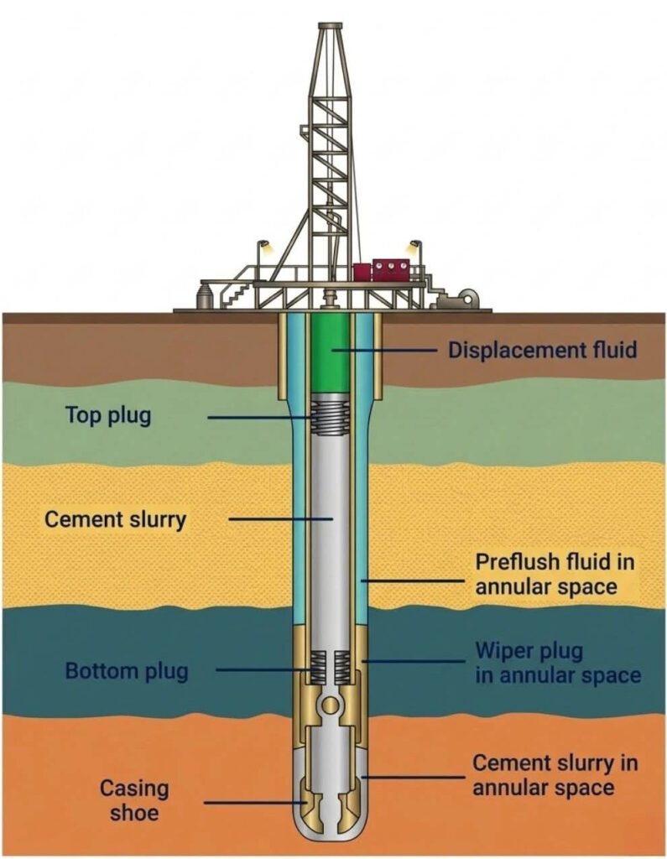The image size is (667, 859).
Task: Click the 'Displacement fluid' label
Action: (x=543, y=350)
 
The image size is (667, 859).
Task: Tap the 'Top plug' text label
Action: (x=108, y=415)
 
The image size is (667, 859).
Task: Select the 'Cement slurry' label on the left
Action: (x=115, y=519)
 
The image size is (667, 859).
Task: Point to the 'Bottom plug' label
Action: (x=127, y=670)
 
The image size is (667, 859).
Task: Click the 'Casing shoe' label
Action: (x=134, y=799)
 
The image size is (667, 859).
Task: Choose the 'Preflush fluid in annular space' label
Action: (x=555, y=574)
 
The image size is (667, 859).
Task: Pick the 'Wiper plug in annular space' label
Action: (x=557, y=663)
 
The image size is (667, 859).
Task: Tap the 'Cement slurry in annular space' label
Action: (x=555, y=774)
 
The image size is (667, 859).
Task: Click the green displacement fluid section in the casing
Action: (x=330, y=353)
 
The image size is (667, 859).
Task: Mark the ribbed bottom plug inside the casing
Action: (x=330, y=667)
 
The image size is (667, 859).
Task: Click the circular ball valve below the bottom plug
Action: (x=330, y=705)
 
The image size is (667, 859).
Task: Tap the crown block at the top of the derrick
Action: (x=330, y=27)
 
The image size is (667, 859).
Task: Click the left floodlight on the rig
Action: (x=264, y=246)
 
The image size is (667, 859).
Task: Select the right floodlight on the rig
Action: (x=415, y=246)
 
